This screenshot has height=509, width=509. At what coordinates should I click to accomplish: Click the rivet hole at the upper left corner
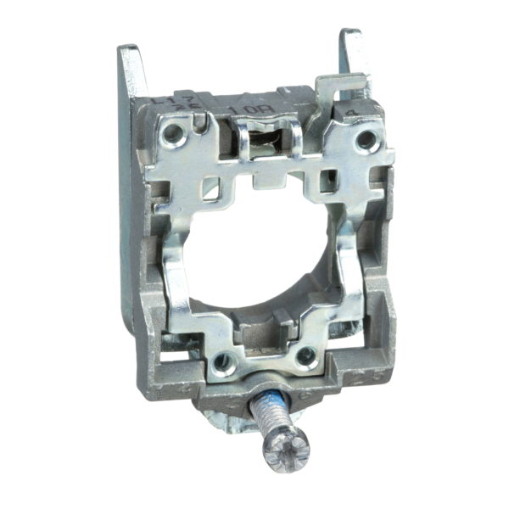174,131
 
